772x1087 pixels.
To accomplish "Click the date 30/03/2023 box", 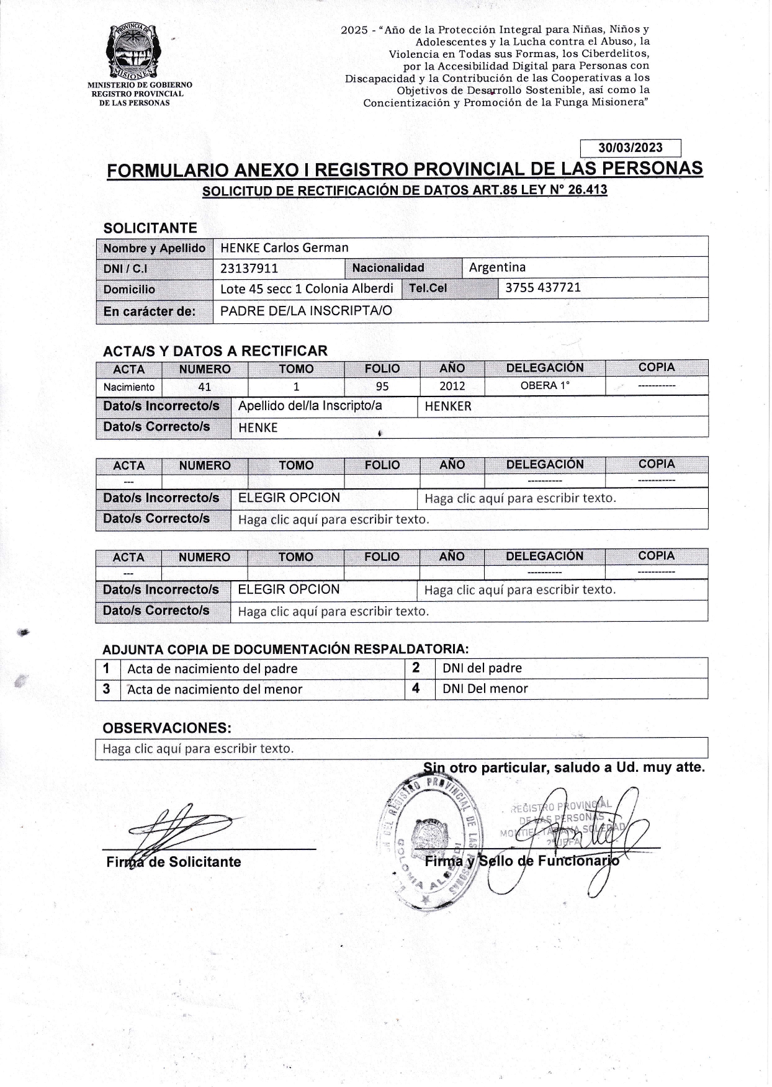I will point(630,148).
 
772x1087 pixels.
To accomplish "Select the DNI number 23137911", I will point(249,269).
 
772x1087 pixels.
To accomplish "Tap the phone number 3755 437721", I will point(543,288).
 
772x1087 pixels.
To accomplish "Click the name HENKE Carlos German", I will point(284,248).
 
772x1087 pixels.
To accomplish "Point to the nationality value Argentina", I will point(497,267).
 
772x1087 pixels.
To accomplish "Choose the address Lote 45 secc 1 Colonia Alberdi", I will point(307,289).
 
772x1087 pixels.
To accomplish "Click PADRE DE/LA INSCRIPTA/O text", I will point(306,311).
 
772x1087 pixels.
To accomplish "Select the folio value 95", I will point(382,387).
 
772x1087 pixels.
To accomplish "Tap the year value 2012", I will point(452,386).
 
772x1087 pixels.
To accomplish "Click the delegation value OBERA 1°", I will point(545,385).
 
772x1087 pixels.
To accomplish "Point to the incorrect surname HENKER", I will point(448,406).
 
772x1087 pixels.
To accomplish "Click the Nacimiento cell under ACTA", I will point(129,387).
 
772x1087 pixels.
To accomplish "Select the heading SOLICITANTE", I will point(150,228).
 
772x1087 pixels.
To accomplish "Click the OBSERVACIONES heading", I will point(167,727).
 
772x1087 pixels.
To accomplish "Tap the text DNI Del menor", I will point(485,689).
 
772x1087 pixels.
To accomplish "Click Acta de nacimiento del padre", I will point(212,669).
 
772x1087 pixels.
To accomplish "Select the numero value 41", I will point(205,387).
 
